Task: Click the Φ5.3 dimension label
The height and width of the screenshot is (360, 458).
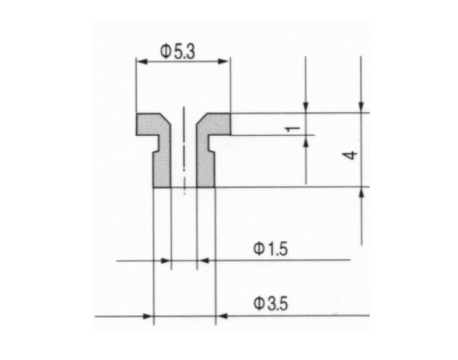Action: (177, 52)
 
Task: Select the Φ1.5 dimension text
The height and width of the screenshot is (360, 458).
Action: (271, 248)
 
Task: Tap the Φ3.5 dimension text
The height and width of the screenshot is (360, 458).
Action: (271, 303)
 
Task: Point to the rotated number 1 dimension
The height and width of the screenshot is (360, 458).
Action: (292, 128)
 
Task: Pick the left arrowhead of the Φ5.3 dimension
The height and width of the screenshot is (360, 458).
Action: (142, 62)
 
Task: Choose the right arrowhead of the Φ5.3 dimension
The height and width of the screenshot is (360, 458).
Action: (224, 61)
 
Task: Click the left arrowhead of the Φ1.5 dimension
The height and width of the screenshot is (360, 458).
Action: (166, 261)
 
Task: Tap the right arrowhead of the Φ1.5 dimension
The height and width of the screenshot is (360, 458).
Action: (203, 260)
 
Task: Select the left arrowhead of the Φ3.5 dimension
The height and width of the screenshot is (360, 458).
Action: (148, 316)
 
